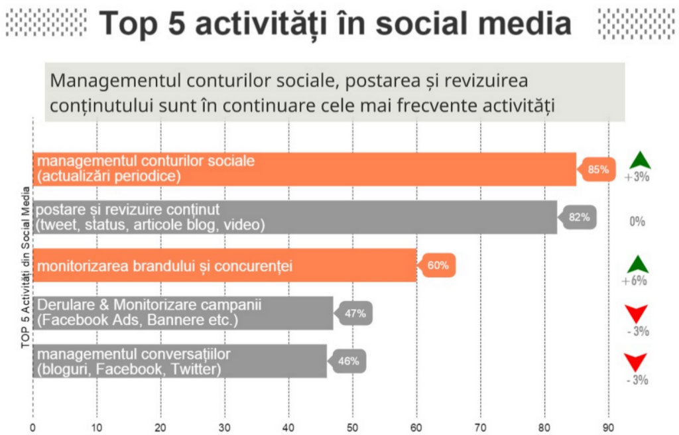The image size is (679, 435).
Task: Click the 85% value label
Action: tap(599, 169)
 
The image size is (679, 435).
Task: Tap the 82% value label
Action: tap(580, 217)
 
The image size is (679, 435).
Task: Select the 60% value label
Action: tap(438, 265)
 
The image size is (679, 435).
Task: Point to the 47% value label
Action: tap(355, 313)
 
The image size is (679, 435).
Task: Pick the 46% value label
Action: tap(349, 361)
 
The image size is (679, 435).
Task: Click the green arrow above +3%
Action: tap(640, 160)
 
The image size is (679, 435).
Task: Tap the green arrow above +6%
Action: tap(638, 265)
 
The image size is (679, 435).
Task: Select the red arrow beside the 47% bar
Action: tap(636, 313)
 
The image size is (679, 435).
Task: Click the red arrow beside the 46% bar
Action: tap(635, 362)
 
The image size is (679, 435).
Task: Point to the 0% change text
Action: tap(637, 222)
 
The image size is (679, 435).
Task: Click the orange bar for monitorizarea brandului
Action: tap(225, 265)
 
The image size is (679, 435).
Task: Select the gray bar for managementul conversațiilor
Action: tap(180, 361)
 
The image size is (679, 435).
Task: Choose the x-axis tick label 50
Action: tap(353, 428)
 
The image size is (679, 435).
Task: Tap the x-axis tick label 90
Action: tap(609, 428)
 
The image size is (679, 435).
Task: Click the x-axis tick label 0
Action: tap(33, 428)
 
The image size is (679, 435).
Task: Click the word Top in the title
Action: tap(128, 23)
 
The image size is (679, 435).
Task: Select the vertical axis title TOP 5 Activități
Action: tap(26, 267)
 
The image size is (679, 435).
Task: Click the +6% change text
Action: tap(635, 280)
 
